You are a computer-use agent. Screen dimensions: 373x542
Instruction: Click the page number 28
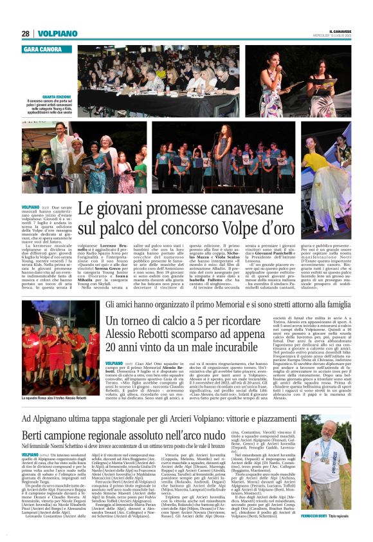pyautogui.click(x=26, y=33)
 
